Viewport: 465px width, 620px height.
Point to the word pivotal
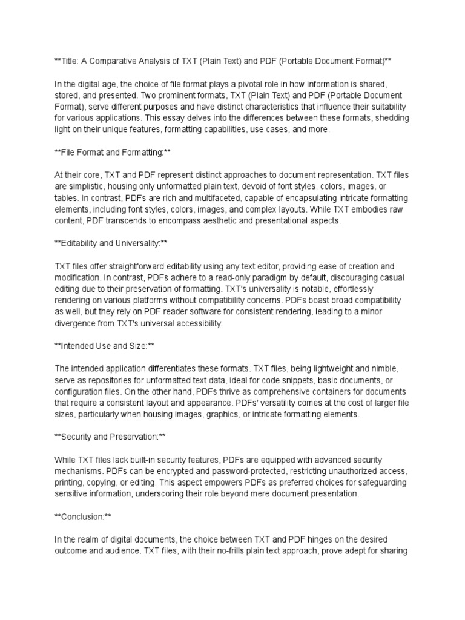click(240, 84)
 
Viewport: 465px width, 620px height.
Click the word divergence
click(76, 324)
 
